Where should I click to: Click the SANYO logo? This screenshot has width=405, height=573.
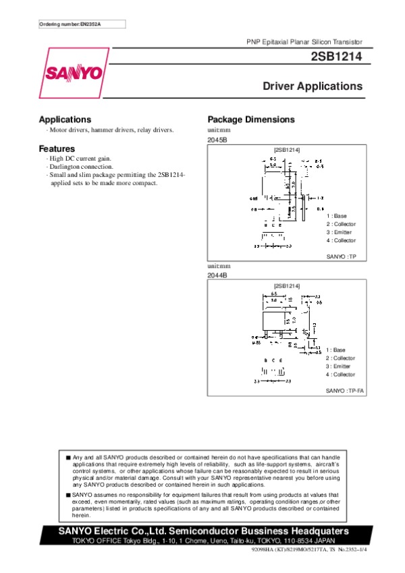[x=74, y=72]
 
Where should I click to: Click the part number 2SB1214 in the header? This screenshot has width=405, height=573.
[x=337, y=58]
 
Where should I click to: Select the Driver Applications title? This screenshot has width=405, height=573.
[x=312, y=87]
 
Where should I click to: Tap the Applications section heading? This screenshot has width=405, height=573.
[x=65, y=119]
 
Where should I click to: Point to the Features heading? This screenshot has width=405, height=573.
[x=57, y=148]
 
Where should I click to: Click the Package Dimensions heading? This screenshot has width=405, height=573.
[x=251, y=119]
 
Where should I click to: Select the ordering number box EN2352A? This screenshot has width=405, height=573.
[x=74, y=24]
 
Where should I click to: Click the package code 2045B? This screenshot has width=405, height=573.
[x=217, y=139]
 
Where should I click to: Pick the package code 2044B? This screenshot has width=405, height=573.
[x=217, y=275]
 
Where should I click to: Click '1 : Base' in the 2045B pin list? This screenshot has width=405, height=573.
[x=336, y=216]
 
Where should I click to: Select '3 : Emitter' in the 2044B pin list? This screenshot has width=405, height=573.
[x=339, y=366]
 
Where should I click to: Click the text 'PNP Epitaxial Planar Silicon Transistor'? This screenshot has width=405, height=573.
[x=304, y=42]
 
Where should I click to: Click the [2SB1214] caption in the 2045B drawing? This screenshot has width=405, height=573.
[x=287, y=149]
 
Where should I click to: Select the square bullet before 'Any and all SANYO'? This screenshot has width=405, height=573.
[x=68, y=458]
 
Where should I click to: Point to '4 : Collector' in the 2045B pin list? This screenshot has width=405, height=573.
[x=341, y=240]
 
